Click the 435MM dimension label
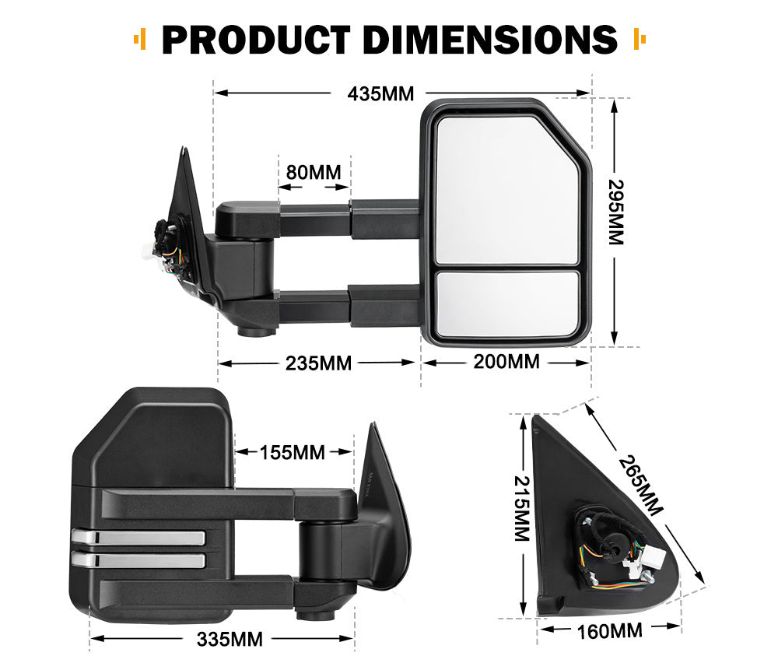380,94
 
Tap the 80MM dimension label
314,171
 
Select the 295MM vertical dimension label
615,212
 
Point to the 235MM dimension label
319,363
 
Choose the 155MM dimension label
293,452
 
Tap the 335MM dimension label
230,640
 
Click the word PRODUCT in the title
256,39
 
